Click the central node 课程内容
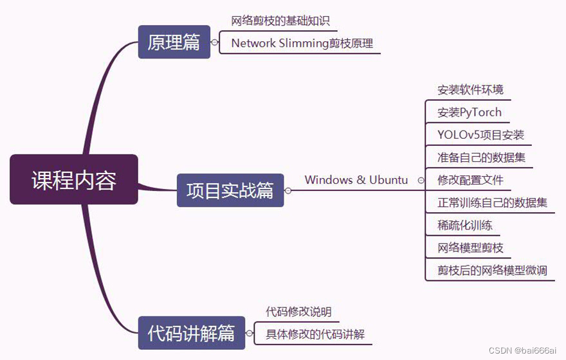point(74,180)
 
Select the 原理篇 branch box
point(174,42)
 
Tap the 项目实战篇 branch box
point(230,190)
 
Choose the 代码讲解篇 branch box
point(192,333)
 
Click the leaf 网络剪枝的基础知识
point(280,21)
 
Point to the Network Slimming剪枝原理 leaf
point(302,44)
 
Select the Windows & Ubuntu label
point(356,180)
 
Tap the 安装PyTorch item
point(470,113)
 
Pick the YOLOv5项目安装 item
point(480,135)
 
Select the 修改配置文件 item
point(470,180)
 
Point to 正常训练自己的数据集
point(492,203)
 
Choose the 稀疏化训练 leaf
point(464,225)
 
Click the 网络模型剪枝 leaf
point(470,248)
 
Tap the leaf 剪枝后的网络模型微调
point(492,270)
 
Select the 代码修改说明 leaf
point(298,312)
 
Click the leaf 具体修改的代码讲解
point(315,334)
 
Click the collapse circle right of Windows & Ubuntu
point(421,181)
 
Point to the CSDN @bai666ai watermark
point(522,350)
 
